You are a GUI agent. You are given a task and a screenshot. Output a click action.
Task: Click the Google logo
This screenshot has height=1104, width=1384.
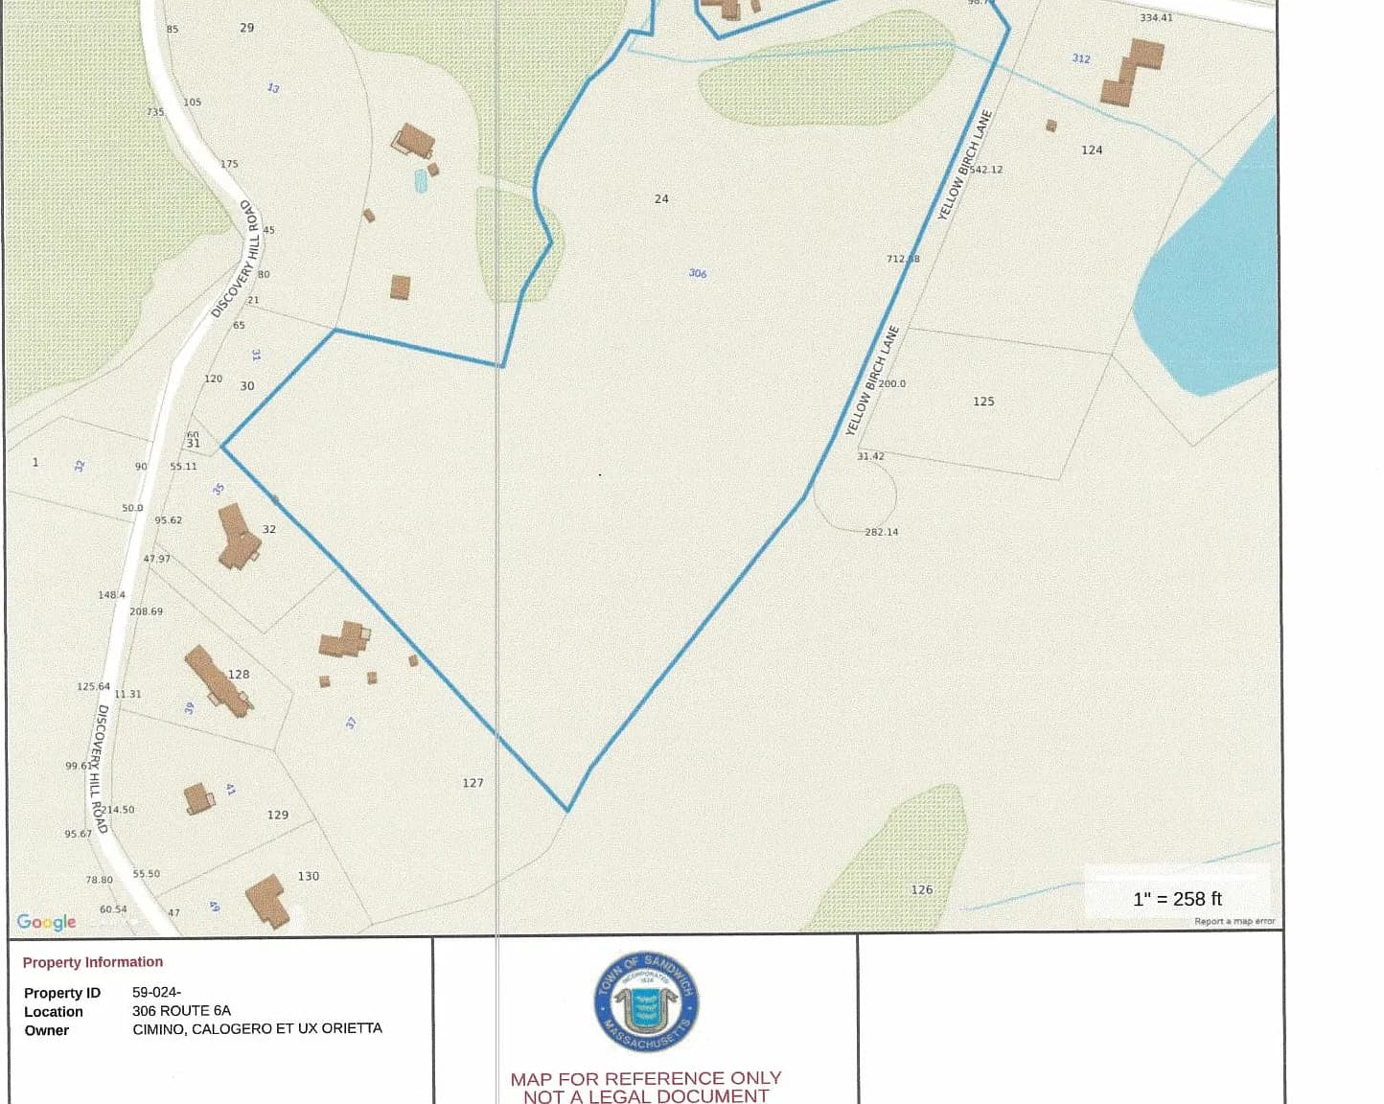[x=46, y=922]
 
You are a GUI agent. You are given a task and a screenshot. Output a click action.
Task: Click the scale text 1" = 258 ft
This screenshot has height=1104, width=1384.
[x=1177, y=899]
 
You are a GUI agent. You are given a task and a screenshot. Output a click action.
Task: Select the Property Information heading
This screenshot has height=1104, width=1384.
[x=93, y=962]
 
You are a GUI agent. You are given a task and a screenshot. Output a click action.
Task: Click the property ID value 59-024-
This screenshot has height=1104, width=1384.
[x=156, y=992]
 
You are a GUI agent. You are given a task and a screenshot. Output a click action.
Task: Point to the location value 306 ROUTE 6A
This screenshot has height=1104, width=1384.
[x=181, y=1010]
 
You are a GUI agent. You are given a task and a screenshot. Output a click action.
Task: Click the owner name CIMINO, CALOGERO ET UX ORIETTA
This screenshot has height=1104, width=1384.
[x=257, y=1028]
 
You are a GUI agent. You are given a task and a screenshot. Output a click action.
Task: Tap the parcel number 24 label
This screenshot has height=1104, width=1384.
[x=661, y=199]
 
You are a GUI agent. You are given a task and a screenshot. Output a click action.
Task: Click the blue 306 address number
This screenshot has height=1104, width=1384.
[x=697, y=273]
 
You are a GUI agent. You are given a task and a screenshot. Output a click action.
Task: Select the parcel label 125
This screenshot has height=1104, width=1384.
[x=983, y=402]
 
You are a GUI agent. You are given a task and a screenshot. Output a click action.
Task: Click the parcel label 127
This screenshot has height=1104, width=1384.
[x=473, y=783]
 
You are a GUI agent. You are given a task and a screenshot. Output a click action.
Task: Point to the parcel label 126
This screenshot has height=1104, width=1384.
[x=921, y=890]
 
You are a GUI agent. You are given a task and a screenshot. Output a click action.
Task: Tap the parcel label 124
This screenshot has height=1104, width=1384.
[x=1092, y=150]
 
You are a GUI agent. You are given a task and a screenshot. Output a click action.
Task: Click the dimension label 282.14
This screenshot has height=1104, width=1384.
[x=882, y=532]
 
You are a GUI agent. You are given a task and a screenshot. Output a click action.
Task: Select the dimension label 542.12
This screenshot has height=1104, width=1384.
[x=986, y=170]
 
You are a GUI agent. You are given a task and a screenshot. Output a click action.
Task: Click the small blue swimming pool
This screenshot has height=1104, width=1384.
[x=420, y=180]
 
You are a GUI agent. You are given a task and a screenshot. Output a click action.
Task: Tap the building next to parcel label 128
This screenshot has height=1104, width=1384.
[x=218, y=680]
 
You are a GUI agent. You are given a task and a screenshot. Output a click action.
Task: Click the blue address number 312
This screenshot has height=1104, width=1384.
[x=1081, y=58]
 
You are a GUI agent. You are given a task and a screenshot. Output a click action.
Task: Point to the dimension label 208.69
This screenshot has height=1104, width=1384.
[x=146, y=611]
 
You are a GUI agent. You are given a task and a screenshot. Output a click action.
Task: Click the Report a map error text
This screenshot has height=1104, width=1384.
[x=1234, y=922]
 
